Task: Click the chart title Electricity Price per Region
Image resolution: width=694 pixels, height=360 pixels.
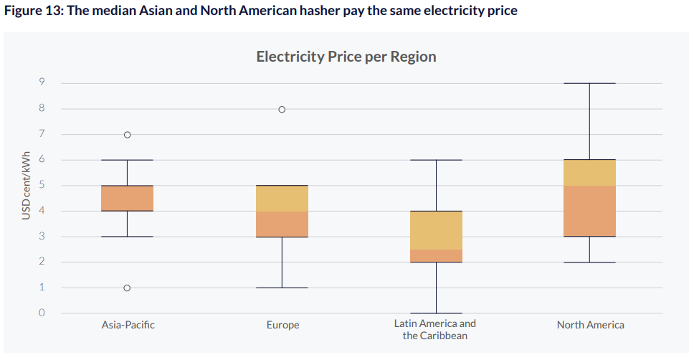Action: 346,57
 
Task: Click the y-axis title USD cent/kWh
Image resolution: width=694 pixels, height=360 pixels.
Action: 26,186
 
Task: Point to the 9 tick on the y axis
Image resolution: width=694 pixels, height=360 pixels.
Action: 42,83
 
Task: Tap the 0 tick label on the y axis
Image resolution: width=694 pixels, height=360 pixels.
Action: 42,313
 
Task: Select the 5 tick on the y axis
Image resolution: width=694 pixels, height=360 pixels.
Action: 42,186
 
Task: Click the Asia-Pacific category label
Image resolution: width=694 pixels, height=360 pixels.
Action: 128,325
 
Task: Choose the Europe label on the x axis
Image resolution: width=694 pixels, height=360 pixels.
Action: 282,325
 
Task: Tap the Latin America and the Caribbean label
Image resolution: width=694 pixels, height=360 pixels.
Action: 435,330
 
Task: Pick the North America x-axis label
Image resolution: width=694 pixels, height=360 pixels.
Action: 590,325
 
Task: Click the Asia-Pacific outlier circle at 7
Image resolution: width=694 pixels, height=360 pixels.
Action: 127,135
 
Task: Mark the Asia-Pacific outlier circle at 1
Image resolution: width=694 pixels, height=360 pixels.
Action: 127,288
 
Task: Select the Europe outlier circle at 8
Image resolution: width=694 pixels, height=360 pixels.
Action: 282,110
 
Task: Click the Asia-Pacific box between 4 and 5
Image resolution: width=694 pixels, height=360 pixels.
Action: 127,198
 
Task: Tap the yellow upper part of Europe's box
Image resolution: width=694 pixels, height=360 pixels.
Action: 282,198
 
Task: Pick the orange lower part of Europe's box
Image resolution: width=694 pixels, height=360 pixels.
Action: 282,224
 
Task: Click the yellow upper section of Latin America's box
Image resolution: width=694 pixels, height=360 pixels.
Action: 436,229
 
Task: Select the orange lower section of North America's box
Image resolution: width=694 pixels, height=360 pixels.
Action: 589,211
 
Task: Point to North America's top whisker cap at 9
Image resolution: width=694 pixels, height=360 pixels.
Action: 589,83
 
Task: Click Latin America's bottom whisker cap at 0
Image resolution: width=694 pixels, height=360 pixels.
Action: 436,313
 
